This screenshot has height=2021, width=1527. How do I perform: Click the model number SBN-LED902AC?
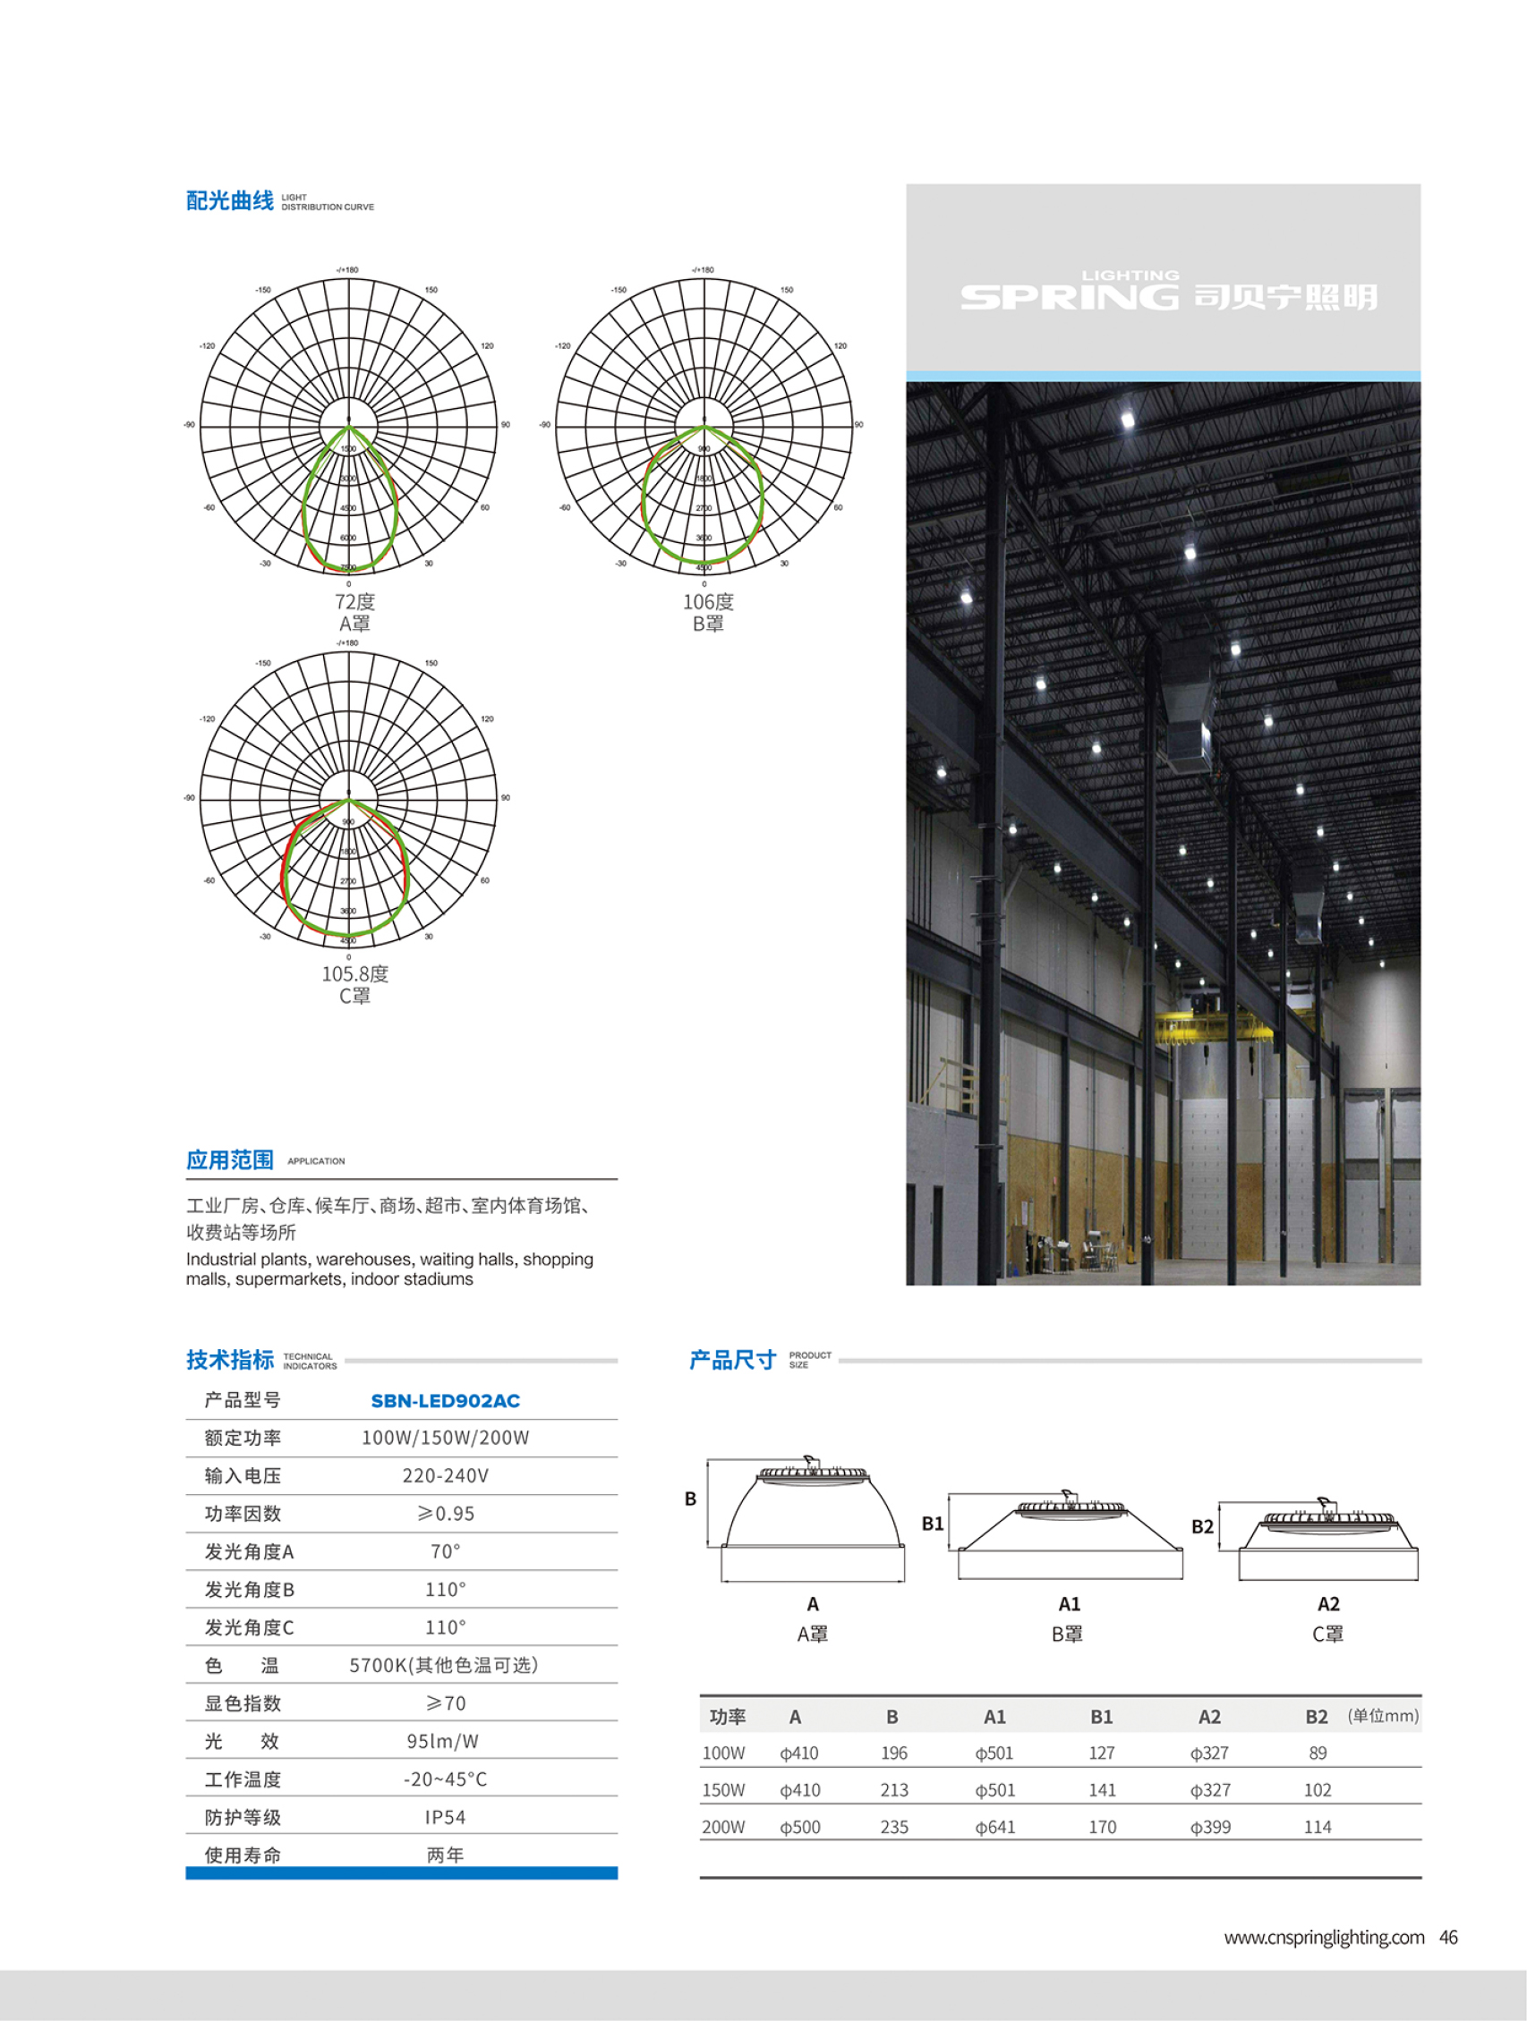[x=445, y=1401]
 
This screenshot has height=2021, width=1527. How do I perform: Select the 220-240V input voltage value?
[x=445, y=1475]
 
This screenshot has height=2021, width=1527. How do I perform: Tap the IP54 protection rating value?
[x=445, y=1817]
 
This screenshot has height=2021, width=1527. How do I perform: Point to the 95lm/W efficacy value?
[x=442, y=1741]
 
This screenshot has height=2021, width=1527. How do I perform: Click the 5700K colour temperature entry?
[x=443, y=1666]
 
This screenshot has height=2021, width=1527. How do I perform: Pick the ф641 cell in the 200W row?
[x=994, y=1827]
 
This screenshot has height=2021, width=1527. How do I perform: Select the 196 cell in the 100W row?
[x=893, y=1754]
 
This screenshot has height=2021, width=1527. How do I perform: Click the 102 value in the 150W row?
[x=1317, y=1790]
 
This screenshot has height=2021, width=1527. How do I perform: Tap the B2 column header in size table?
[x=1316, y=1717]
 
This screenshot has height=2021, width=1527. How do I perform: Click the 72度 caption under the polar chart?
[x=354, y=602]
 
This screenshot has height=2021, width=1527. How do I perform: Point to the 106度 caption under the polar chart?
[x=708, y=602]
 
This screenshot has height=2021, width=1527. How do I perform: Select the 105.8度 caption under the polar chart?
[x=354, y=974]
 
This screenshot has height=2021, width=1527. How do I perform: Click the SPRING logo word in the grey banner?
[x=1070, y=296]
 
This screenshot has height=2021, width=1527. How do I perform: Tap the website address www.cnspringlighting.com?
[x=1323, y=1938]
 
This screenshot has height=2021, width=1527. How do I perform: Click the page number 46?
[x=1448, y=1938]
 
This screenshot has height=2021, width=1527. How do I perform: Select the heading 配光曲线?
[x=229, y=201]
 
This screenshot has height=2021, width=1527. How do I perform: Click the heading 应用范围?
[x=229, y=1160]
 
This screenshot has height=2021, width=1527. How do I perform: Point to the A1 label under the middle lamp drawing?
[x=1070, y=1604]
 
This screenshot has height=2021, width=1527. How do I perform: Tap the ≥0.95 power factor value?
[x=445, y=1514]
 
